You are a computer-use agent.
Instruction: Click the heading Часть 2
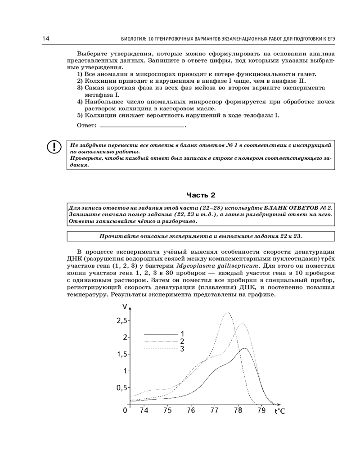pos(201,195)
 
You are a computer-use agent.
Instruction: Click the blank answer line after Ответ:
pos(142,127)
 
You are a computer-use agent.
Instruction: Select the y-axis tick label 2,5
pos(121,321)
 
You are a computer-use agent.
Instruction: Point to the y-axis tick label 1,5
pos(121,354)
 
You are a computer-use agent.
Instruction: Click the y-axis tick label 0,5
pos(121,387)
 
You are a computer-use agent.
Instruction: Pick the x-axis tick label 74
pos(144,410)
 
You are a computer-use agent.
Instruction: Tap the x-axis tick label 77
pos(214,410)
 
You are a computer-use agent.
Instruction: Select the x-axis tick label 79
pos(261,410)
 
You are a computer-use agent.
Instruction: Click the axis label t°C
pos(280,411)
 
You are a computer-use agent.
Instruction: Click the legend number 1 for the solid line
pos(183,334)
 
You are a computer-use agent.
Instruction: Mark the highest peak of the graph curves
pos(228,312)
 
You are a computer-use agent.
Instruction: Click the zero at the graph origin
pos(126,410)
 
